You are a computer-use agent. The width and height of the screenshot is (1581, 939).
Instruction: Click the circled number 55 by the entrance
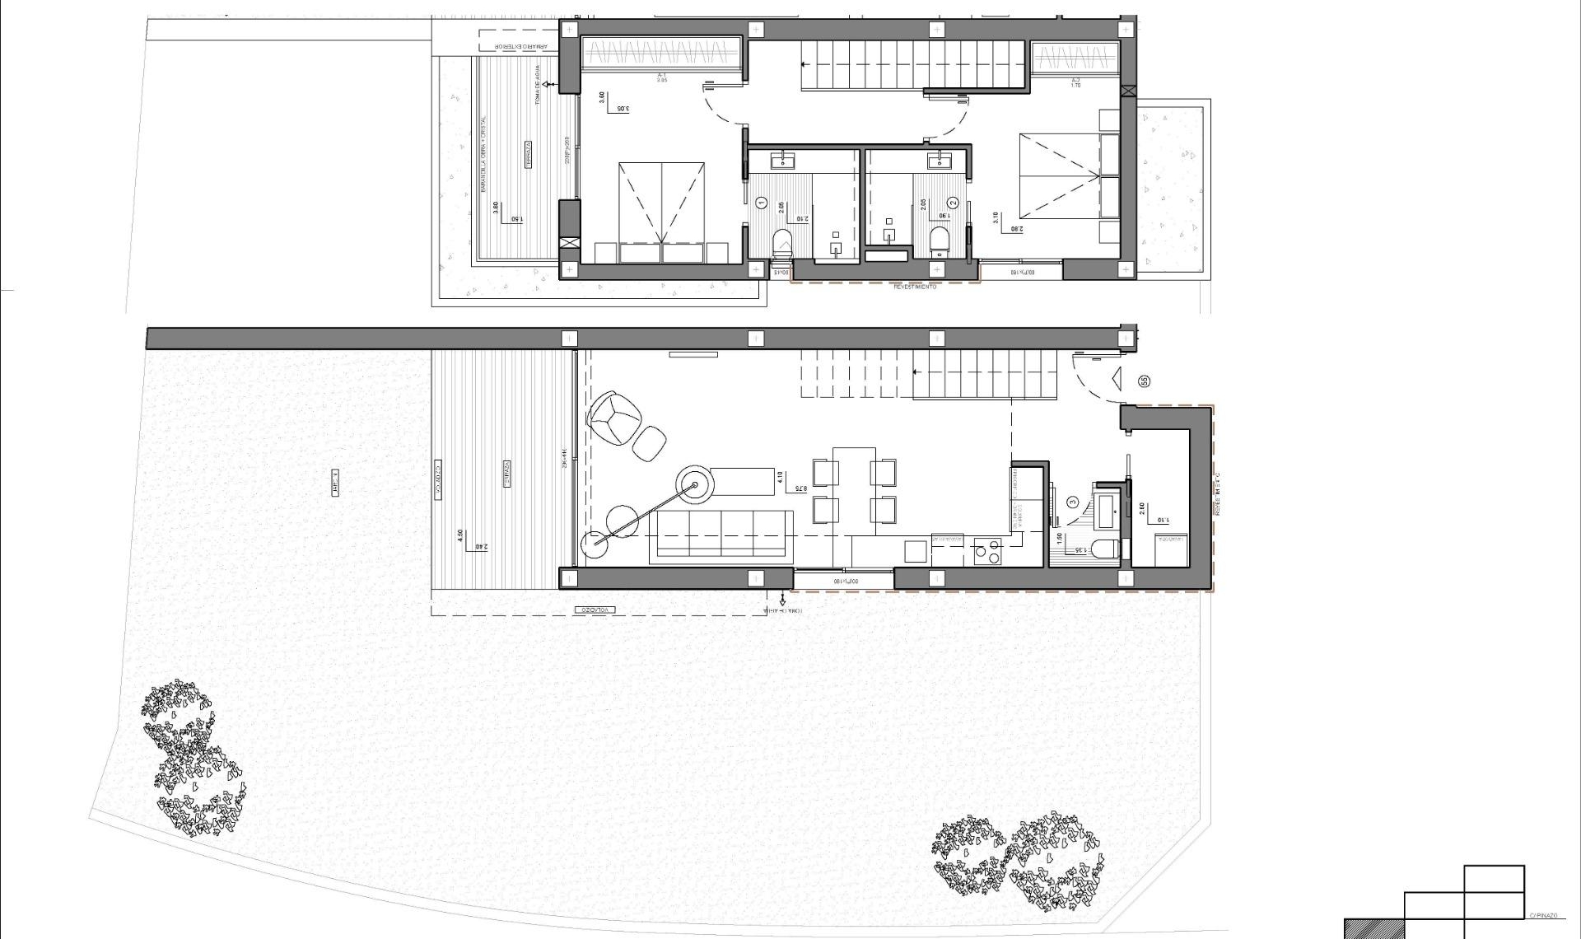click(1144, 381)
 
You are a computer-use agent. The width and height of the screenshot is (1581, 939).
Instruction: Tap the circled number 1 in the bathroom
click(761, 202)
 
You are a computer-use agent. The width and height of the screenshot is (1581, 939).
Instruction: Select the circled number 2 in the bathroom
click(953, 202)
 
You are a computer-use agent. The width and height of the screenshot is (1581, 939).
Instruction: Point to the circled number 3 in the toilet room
click(1072, 501)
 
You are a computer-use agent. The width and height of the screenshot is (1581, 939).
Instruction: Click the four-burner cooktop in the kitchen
click(987, 551)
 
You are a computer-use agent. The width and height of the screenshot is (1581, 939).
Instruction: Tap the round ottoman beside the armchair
click(650, 443)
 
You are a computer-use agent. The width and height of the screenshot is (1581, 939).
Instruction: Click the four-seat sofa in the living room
click(721, 536)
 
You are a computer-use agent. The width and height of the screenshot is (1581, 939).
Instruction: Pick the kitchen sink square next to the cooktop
click(916, 551)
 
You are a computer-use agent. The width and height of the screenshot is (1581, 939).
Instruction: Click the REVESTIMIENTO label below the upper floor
click(916, 287)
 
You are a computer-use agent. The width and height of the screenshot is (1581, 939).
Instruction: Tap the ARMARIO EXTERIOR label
click(506, 48)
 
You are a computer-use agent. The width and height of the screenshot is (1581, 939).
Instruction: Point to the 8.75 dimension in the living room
click(797, 488)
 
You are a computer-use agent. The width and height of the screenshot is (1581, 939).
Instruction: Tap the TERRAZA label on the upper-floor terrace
click(527, 155)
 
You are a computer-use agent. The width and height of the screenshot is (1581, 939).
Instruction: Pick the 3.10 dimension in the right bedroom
click(996, 217)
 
